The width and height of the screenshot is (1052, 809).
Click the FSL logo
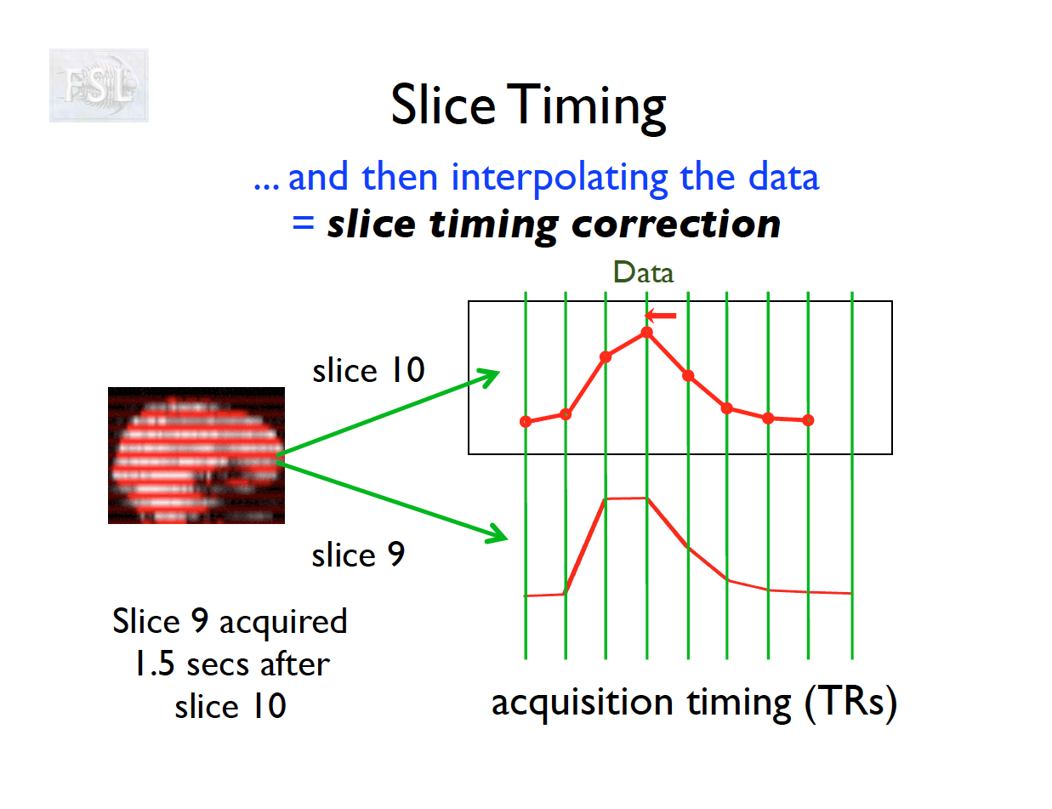(99, 85)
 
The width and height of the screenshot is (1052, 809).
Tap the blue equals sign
(304, 224)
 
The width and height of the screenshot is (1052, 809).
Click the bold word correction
(676, 225)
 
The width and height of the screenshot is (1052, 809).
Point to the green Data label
(643, 272)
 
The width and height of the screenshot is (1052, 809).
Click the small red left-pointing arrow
(660, 316)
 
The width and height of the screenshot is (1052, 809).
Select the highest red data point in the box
(647, 332)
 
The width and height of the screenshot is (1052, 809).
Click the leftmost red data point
(526, 422)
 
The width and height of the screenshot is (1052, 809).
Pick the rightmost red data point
(808, 420)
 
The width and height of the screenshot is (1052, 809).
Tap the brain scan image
(196, 455)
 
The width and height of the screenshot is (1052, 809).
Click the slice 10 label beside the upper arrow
(368, 370)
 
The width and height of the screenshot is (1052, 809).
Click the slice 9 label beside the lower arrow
(358, 555)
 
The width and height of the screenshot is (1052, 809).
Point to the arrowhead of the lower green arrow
(506, 538)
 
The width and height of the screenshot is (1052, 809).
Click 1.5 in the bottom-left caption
(155, 664)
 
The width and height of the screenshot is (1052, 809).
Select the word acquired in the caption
(283, 622)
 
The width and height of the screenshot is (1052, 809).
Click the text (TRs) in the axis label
(850, 703)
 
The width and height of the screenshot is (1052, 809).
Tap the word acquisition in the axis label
(583, 702)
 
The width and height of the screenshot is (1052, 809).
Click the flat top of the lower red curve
(626, 499)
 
